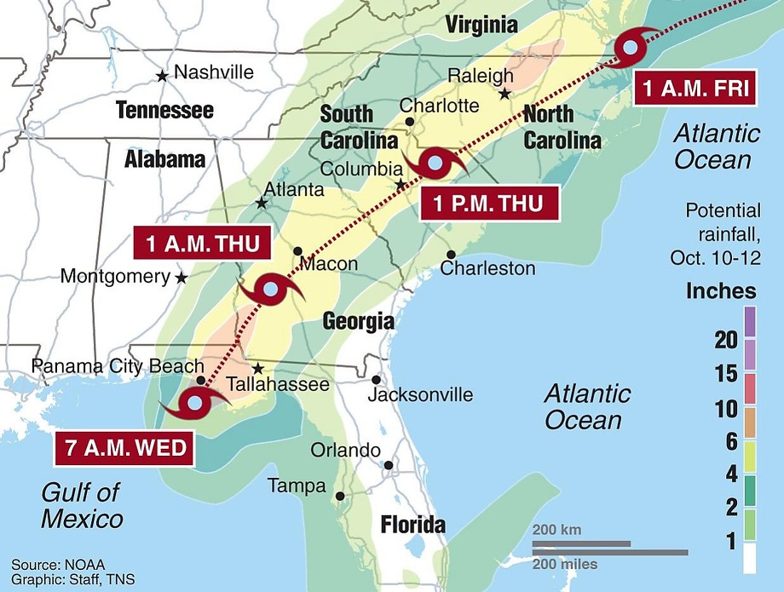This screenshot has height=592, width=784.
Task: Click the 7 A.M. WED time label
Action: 125,447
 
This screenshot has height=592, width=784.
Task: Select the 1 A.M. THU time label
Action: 203,244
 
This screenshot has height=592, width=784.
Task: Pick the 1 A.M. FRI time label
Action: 696,88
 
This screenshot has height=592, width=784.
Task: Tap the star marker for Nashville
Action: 162,76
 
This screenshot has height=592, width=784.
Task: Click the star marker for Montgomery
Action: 181,278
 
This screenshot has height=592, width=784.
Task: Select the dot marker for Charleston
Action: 451,254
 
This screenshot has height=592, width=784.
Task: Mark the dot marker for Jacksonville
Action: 376,380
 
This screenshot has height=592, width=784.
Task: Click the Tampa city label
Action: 297,486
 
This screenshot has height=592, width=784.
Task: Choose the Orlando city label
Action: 345,450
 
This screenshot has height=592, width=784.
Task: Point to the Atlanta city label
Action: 294,189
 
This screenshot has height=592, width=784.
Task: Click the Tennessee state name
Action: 164,110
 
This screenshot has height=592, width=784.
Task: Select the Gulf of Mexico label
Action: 82,505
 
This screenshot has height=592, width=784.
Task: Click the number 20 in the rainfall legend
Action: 725,340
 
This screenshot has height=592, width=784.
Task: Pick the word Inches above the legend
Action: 721,290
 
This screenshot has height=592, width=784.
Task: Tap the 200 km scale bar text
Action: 557,530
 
